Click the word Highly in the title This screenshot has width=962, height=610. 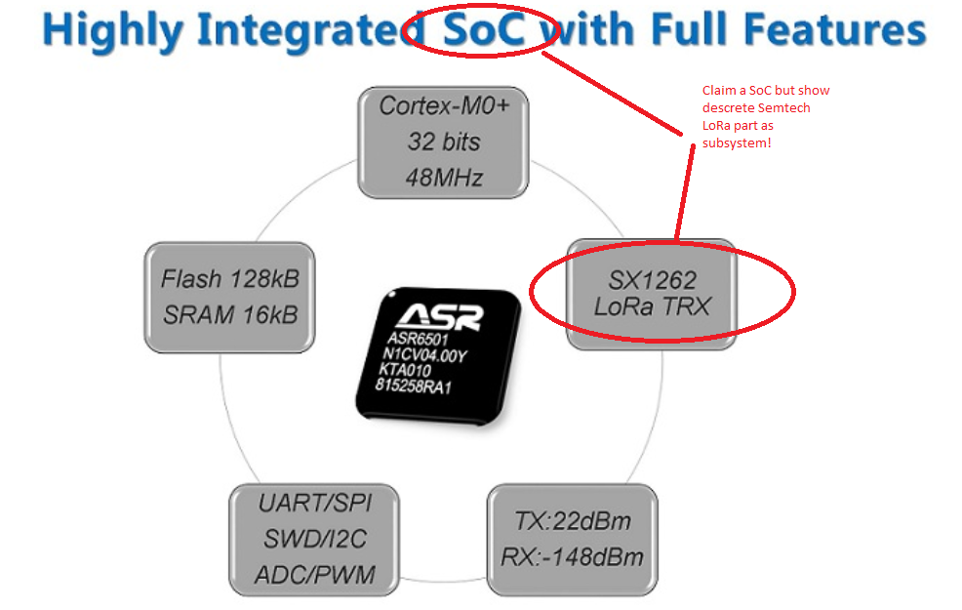tap(113, 30)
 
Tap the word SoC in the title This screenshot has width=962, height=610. tap(484, 29)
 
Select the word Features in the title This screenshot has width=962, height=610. tap(834, 29)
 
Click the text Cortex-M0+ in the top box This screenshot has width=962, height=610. tap(444, 106)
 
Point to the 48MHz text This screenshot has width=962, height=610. tap(444, 178)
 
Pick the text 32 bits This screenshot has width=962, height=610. tap(444, 142)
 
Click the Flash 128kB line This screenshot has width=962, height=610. tap(230, 279)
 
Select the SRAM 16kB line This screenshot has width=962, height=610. tap(230, 315)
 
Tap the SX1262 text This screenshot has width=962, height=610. tap(652, 280)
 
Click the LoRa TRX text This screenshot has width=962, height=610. tap(652, 306)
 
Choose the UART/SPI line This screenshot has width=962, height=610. tap(315, 504)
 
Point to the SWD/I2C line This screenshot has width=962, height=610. tap(315, 539)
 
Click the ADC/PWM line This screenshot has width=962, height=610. tap(315, 575)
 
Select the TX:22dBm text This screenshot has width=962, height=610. tap(573, 521)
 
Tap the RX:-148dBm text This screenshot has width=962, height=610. tap(572, 557)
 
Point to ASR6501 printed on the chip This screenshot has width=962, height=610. tap(418, 339)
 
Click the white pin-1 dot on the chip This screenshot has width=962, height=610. tap(392, 295)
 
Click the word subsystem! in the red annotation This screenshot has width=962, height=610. tap(737, 143)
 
